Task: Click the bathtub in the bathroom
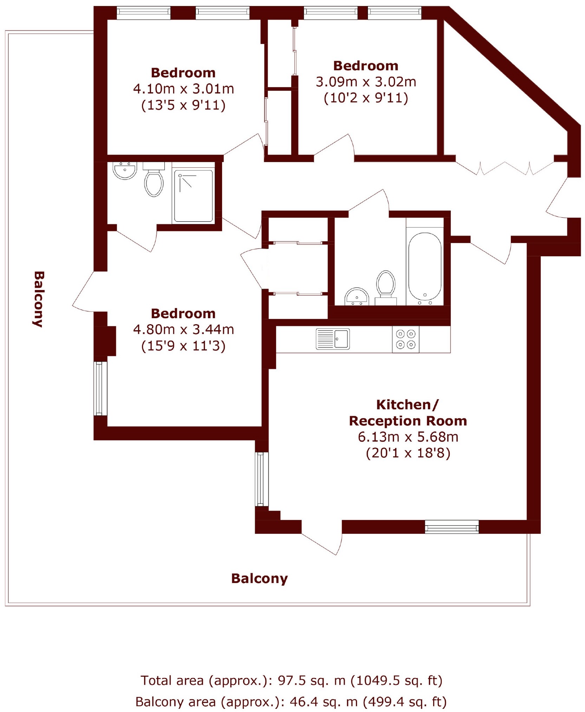coord(424,268)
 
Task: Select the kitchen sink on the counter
coord(332,339)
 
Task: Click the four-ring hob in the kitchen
coord(405,339)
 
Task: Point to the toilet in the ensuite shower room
coord(154,183)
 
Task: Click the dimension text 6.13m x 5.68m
coord(408,437)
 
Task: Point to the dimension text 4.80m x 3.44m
coord(183,329)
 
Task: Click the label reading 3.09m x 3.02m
coord(366,82)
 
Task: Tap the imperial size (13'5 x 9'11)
coord(183,105)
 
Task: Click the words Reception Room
coord(408,421)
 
